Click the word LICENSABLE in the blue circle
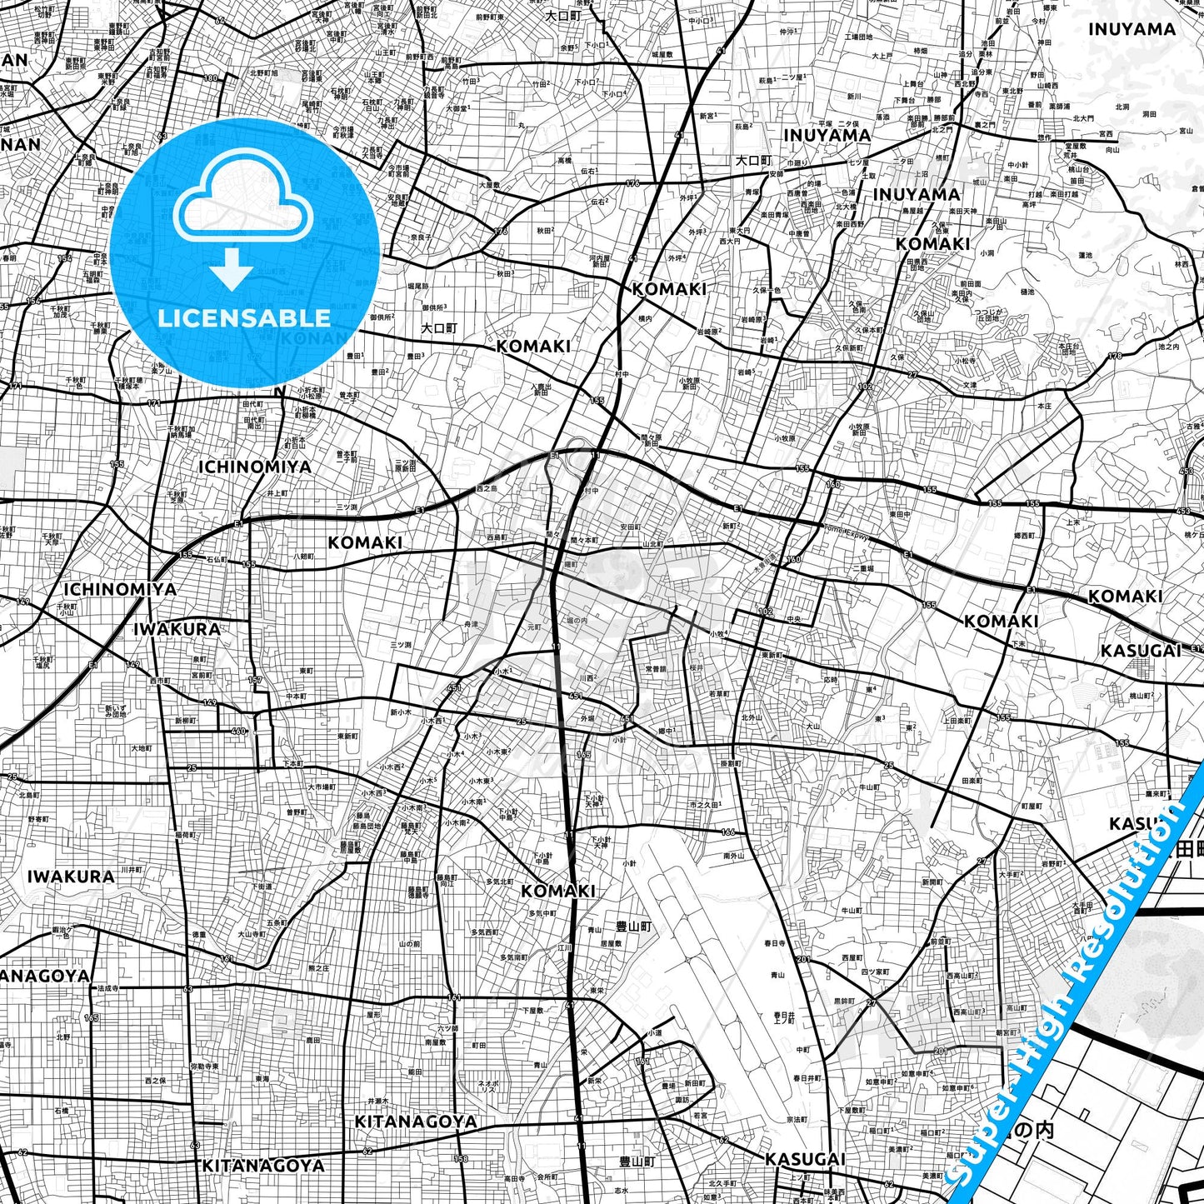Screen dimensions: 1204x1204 pyautogui.click(x=244, y=317)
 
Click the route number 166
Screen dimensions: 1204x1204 pyautogui.click(x=728, y=832)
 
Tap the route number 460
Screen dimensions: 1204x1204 pyautogui.click(x=238, y=732)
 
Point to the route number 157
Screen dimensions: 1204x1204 pyautogui.click(x=255, y=680)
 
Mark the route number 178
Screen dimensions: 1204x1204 pyautogui.click(x=1114, y=357)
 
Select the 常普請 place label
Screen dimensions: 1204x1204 pyautogui.click(x=656, y=668)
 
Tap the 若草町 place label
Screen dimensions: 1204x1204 pyautogui.click(x=718, y=693)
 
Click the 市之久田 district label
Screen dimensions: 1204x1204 pyautogui.click(x=705, y=804)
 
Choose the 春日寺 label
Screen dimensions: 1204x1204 pyautogui.click(x=774, y=943)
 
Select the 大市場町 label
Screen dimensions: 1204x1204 pyautogui.click(x=322, y=787)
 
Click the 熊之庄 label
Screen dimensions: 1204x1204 pyautogui.click(x=318, y=968)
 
